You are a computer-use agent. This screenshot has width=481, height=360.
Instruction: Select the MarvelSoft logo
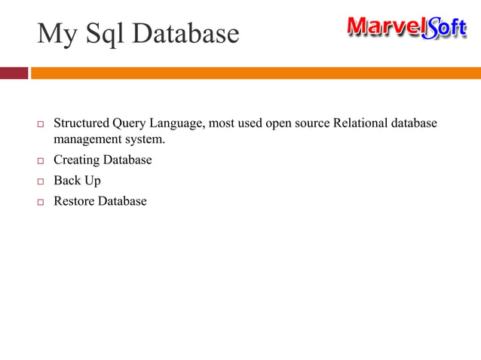(x=406, y=29)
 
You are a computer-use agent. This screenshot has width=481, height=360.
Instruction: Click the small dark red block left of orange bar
(x=14, y=73)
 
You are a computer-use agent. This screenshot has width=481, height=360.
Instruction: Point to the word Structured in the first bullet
(x=81, y=124)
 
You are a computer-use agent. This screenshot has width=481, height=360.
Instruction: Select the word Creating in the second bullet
(x=76, y=160)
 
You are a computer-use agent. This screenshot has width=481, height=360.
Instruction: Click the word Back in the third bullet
(x=66, y=181)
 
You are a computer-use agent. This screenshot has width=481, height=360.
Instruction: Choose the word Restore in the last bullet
(x=74, y=201)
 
